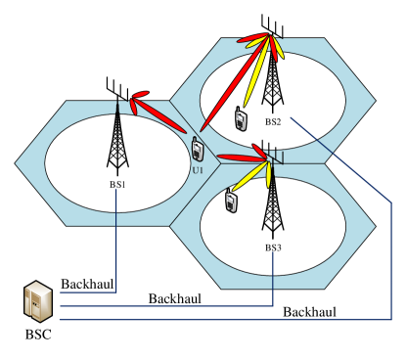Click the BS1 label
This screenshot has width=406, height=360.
[x=117, y=183]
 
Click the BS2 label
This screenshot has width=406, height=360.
[x=273, y=122]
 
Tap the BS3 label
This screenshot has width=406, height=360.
[x=273, y=247]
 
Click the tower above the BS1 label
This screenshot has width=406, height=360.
[x=117, y=137]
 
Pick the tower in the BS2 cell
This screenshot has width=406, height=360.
[x=272, y=78]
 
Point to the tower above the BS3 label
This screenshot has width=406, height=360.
[x=272, y=201]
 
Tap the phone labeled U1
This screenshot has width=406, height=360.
[x=197, y=149]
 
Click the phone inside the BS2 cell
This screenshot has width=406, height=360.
[x=240, y=118]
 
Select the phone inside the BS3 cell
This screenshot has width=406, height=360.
[x=232, y=201]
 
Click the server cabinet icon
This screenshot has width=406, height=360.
[x=37, y=301]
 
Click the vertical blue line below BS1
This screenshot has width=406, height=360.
[x=116, y=240]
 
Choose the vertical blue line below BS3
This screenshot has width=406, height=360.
[x=272, y=279]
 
